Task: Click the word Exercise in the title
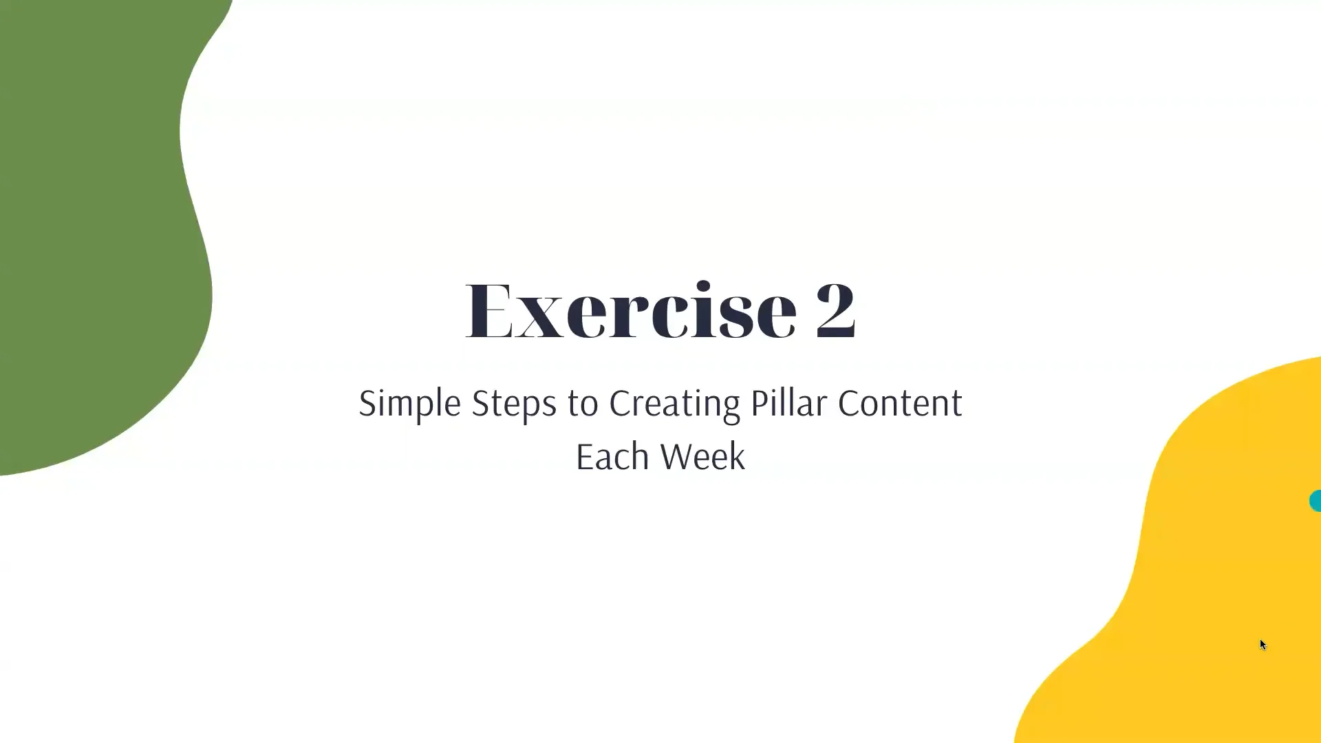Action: tap(630, 311)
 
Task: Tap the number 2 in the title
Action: tap(835, 311)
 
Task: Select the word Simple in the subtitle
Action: tap(409, 404)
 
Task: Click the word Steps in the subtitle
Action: tap(513, 404)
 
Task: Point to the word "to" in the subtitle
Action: tap(583, 404)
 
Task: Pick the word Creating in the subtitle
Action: tap(674, 404)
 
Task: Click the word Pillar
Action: tap(788, 404)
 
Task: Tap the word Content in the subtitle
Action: tap(899, 404)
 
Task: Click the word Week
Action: tap(702, 457)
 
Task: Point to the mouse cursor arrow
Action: tap(1263, 645)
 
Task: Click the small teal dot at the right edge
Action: tap(1315, 501)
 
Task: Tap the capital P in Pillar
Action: tap(758, 404)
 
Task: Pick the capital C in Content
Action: tap(848, 404)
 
